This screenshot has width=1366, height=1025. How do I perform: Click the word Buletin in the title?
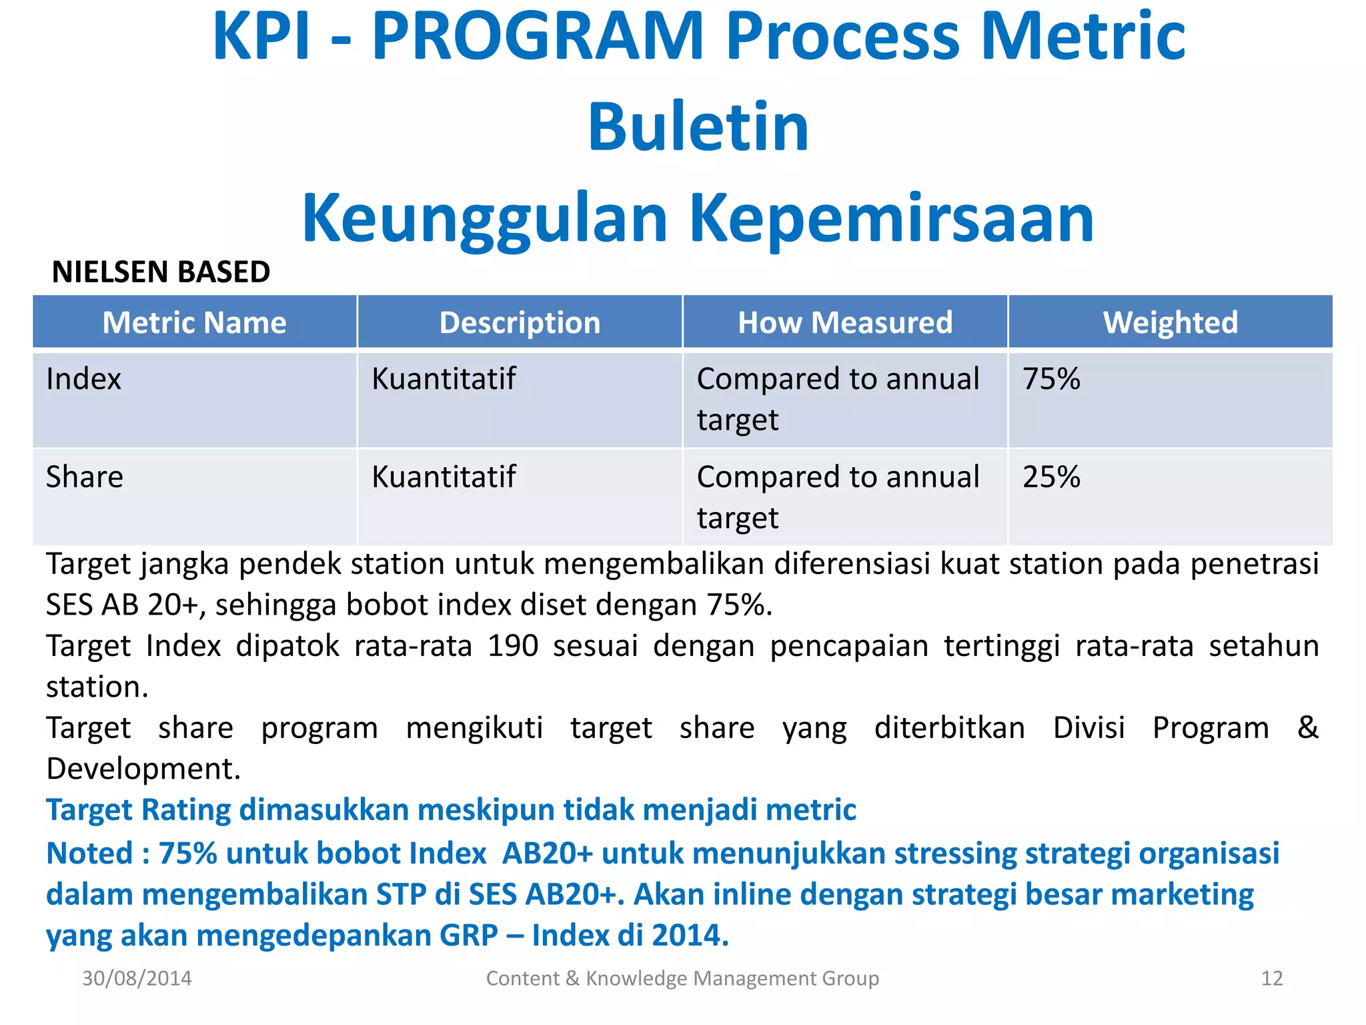698,127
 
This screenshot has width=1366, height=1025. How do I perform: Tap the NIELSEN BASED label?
161,272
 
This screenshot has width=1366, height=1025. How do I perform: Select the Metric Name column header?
194,323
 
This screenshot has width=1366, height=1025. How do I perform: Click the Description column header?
520,323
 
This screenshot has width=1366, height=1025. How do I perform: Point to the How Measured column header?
845,323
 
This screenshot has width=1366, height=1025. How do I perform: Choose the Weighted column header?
1170,323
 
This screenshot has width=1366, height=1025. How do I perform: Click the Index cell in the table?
83,379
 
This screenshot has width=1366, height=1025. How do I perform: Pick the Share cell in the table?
85,477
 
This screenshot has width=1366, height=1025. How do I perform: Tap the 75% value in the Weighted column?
1051,379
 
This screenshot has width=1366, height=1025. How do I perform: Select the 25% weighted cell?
1051,477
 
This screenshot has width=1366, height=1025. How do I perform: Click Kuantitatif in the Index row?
444,379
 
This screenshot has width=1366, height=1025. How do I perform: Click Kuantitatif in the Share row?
444,477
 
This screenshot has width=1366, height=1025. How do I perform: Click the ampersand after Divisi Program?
1307,727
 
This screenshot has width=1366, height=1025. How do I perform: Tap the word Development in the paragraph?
142,769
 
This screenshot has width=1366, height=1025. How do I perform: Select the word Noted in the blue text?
89,853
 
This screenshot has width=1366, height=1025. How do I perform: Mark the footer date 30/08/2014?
137,978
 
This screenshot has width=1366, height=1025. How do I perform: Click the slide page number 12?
1271,978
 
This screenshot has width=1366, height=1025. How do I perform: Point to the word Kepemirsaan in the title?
891,219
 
